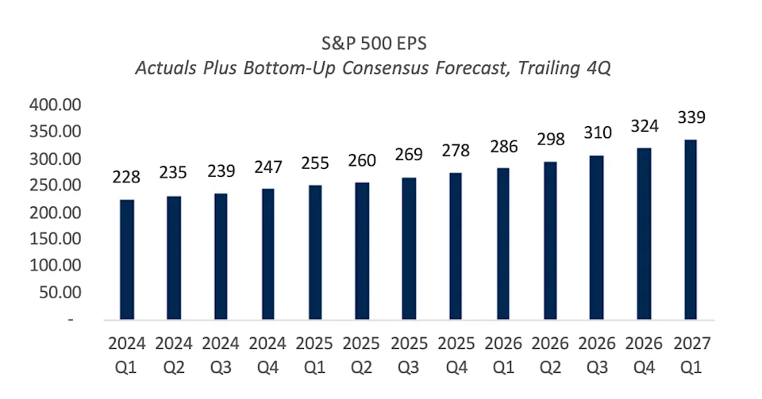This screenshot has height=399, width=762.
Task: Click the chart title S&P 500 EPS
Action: tap(372, 40)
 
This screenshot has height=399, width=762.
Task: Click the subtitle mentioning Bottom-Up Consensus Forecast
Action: tap(372, 67)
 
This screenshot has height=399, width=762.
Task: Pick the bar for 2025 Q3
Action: tap(410, 249)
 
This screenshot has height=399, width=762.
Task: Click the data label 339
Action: tap(691, 117)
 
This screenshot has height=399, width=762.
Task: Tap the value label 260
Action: tap(362, 161)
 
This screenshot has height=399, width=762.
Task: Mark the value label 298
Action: tap(550, 140)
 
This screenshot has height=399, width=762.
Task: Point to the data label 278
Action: tap(456, 151)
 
